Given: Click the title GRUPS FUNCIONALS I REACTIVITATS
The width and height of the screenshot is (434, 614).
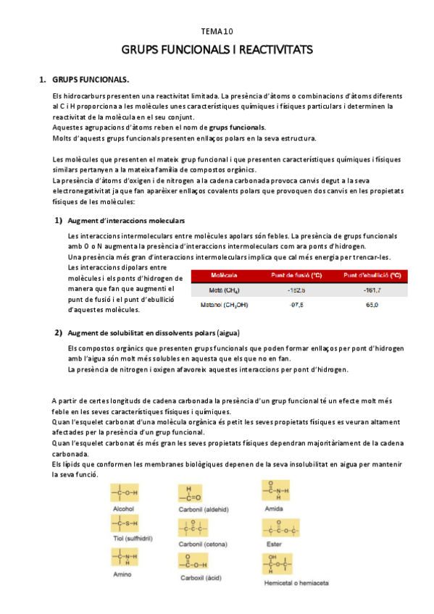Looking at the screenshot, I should click(x=217, y=50).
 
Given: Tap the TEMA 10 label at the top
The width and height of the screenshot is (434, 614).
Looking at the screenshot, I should click(x=217, y=32).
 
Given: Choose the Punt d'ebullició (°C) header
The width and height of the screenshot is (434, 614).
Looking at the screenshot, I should click(x=372, y=276).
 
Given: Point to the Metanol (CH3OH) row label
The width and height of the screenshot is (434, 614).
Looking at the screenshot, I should click(x=225, y=305).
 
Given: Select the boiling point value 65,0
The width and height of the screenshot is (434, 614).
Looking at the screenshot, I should click(x=372, y=305).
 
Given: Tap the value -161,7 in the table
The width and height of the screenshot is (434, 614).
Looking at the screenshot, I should click(x=372, y=290).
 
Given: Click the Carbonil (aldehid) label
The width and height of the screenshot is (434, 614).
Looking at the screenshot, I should click(x=204, y=509).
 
